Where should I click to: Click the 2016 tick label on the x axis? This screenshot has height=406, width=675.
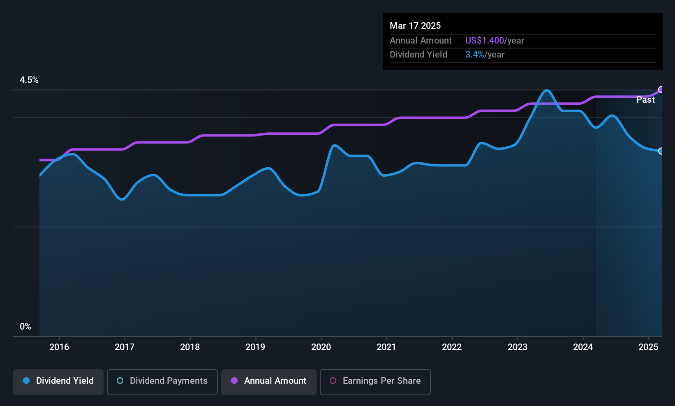click(x=59, y=347)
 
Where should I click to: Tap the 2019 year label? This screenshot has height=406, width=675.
click(x=255, y=347)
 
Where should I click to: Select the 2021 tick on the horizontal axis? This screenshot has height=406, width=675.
click(x=386, y=347)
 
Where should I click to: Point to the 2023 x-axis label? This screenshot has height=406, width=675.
click(x=517, y=347)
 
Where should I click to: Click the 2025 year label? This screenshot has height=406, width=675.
click(x=648, y=347)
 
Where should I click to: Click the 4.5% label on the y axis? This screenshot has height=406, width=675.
click(x=29, y=80)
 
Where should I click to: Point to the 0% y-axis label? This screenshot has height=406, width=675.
click(x=25, y=327)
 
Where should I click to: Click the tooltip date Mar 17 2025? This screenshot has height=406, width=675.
click(x=415, y=25)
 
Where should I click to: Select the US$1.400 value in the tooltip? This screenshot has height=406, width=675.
click(x=484, y=40)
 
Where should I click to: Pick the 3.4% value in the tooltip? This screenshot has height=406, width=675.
click(x=474, y=55)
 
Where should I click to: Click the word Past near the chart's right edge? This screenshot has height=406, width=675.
click(x=645, y=100)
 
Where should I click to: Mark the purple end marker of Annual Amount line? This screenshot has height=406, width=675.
click(x=661, y=90)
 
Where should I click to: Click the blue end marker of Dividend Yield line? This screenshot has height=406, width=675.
click(x=661, y=151)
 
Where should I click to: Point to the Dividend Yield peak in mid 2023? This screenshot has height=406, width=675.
click(x=546, y=90)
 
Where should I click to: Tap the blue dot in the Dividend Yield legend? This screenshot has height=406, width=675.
click(x=26, y=381)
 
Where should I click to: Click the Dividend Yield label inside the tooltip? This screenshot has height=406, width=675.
click(x=418, y=55)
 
